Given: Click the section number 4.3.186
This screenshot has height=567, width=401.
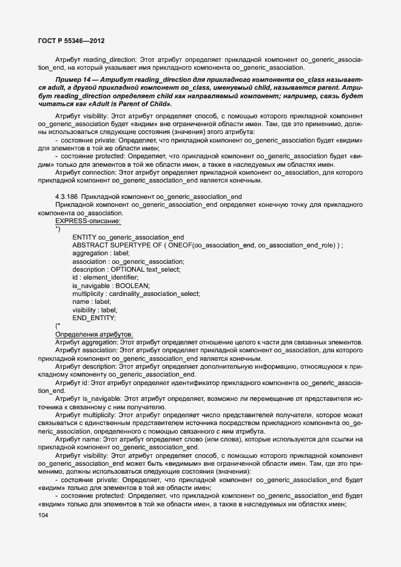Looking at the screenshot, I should click(66, 196).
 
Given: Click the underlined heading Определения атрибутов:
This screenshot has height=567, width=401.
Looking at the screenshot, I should click(95, 334).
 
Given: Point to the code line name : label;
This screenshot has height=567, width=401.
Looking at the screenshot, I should click(91, 301).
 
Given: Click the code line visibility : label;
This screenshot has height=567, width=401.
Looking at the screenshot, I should click(95, 310).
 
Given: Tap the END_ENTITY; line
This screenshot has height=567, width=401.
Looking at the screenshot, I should click(94, 318).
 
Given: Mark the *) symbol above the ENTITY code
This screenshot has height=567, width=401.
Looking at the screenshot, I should click(58, 229).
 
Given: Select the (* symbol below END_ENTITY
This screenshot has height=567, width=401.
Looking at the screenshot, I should click(58, 326).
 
